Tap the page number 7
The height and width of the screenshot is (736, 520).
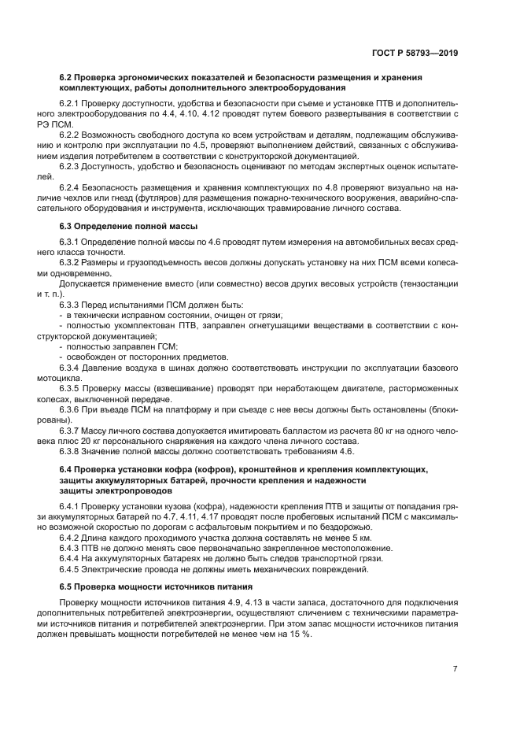pos(455,669)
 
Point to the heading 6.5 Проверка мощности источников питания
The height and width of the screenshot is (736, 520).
pos(155,587)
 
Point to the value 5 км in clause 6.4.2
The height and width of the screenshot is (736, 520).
pos(361,538)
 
